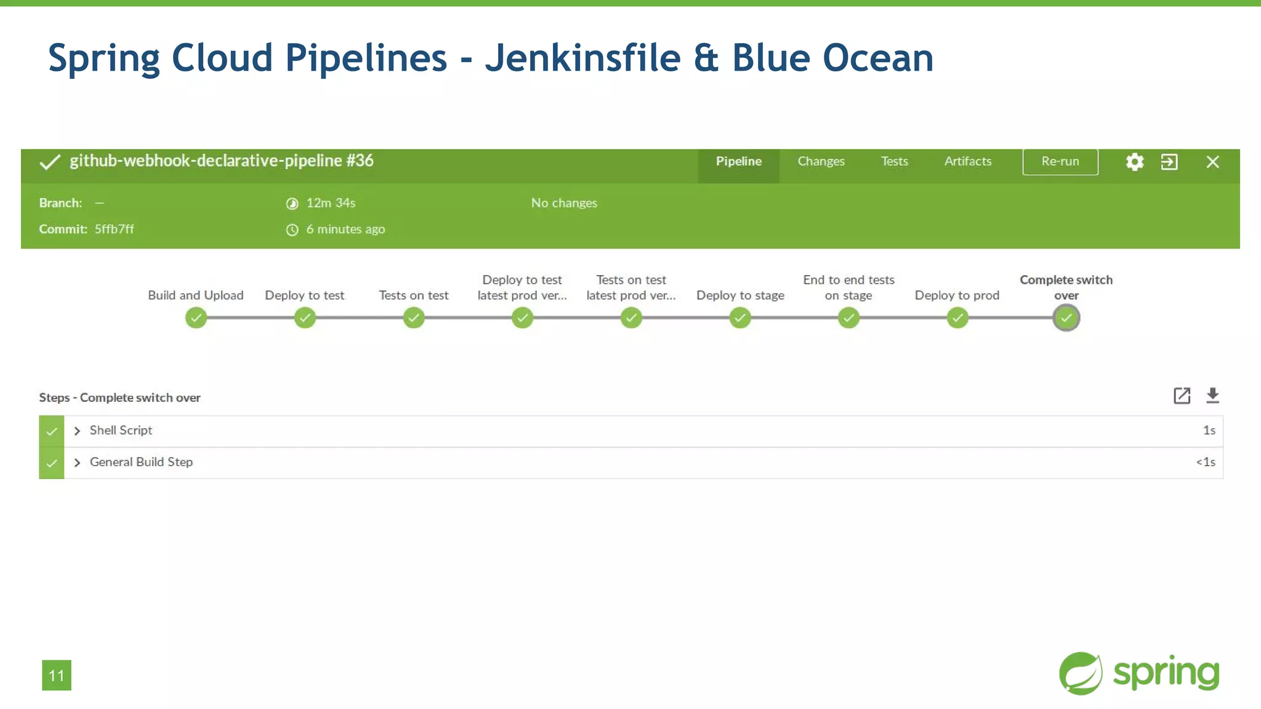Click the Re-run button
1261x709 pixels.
[x=1060, y=161]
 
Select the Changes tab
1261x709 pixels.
[x=821, y=161]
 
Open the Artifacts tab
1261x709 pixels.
[x=968, y=161]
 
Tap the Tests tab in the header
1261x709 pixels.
[x=894, y=161]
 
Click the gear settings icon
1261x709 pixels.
[x=1134, y=162]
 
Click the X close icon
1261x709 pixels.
[x=1212, y=162]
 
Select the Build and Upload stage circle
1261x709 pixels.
[x=196, y=318]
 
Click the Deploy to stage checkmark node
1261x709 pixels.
[x=740, y=318]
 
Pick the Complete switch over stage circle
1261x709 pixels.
[x=1066, y=318]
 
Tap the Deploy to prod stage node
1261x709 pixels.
[x=957, y=318]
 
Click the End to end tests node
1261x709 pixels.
[x=848, y=318]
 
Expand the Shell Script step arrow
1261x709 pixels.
[x=77, y=431]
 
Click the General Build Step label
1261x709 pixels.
[x=141, y=462]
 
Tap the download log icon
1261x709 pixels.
[x=1212, y=396]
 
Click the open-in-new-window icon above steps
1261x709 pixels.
[x=1182, y=396]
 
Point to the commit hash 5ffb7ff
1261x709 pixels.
[x=114, y=229]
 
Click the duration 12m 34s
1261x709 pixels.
[x=331, y=203]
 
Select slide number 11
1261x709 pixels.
[x=57, y=676]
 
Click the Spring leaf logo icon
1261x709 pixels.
[x=1080, y=673]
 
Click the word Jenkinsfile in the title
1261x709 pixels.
[x=582, y=58]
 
